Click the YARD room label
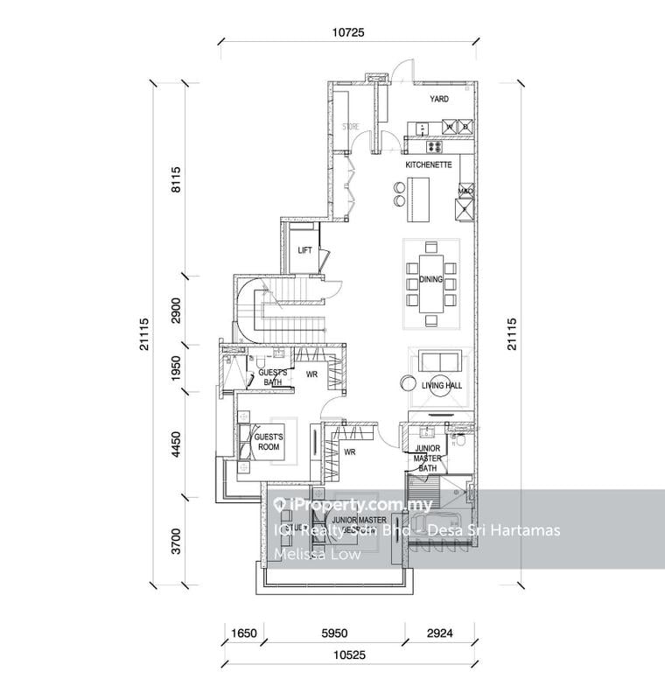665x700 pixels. click(438, 100)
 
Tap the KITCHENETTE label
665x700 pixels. click(428, 164)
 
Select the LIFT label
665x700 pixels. click(304, 250)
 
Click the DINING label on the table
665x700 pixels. click(430, 280)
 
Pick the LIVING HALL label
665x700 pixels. click(442, 385)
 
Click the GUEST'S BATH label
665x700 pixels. click(273, 376)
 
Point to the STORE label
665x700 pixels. click(350, 127)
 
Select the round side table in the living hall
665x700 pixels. click(408, 382)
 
